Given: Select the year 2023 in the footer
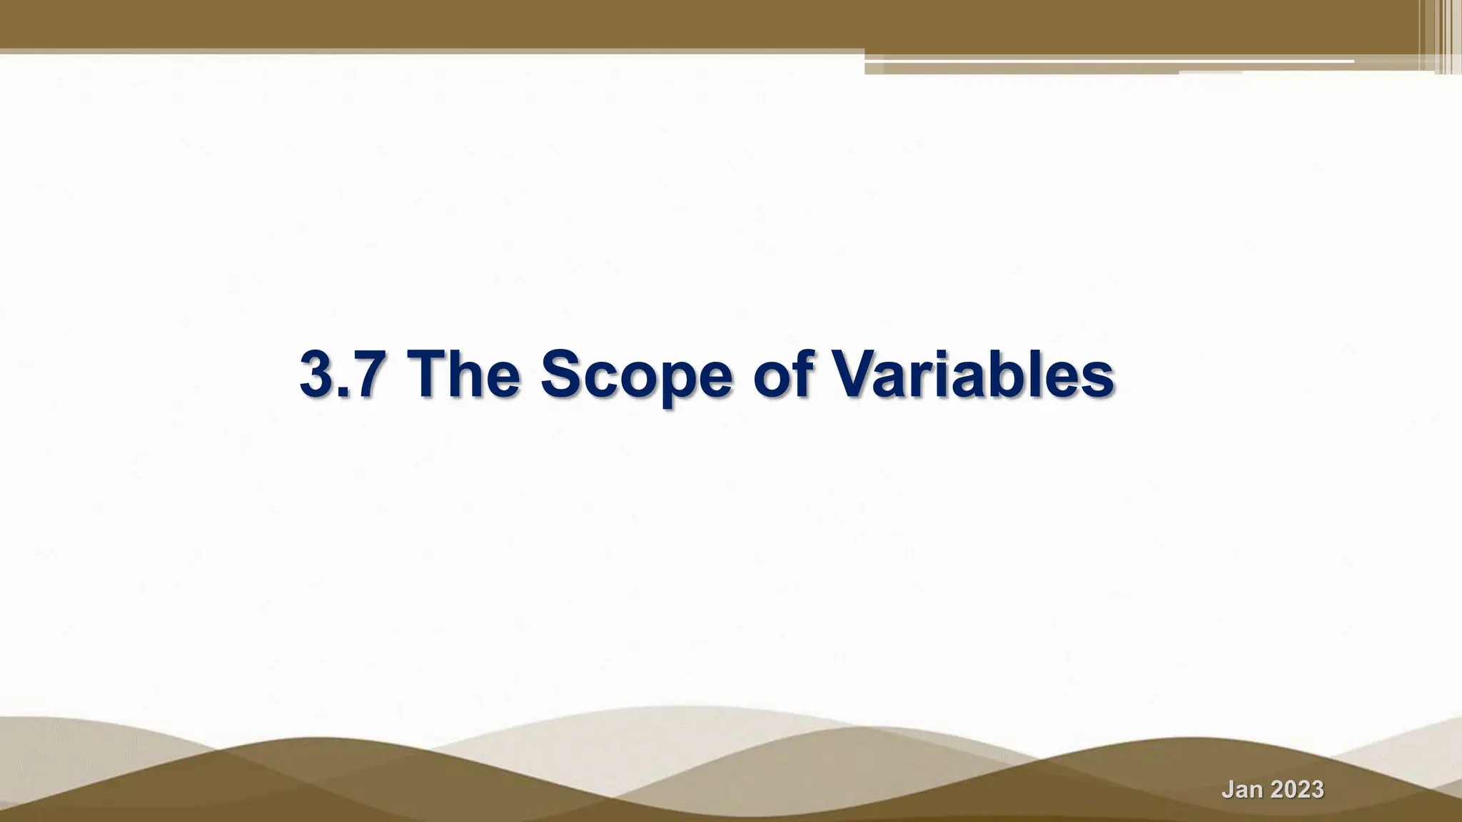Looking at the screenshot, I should [1296, 790].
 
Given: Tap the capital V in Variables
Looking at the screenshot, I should [856, 375].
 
